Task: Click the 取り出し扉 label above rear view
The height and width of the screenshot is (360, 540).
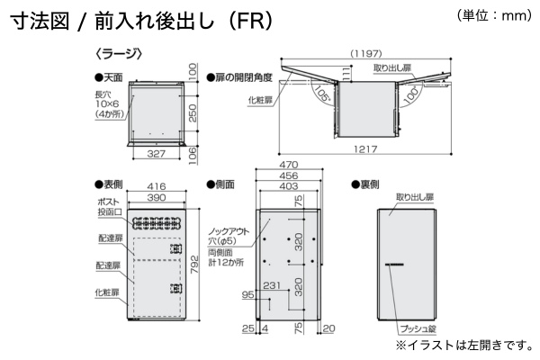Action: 415,195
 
